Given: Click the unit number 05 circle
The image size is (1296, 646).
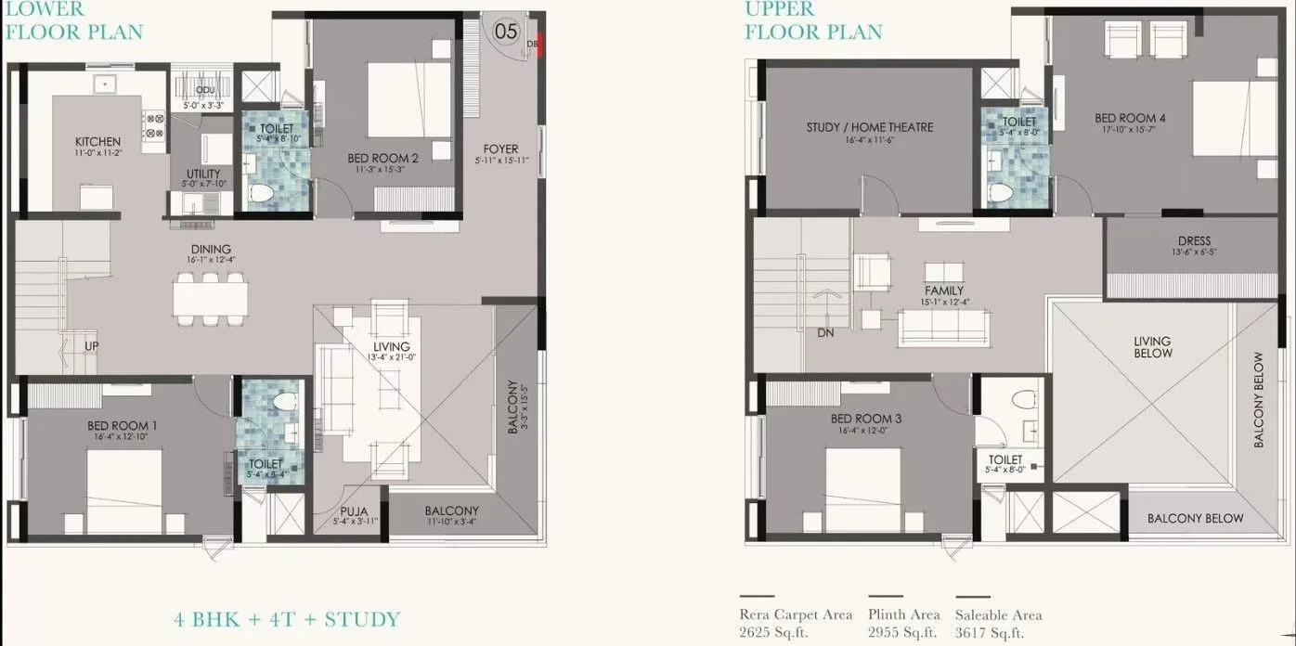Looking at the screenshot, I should tap(506, 31).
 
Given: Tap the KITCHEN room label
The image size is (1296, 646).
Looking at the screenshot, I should tap(97, 142).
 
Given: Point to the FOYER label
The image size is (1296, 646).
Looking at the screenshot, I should tap(501, 149).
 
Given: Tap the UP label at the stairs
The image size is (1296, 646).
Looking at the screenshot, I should tap(92, 347).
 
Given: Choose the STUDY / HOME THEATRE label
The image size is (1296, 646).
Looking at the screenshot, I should tap(870, 127).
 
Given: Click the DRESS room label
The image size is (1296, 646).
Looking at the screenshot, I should tap(1193, 241).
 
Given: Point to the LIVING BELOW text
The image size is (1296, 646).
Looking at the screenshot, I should tap(1152, 347).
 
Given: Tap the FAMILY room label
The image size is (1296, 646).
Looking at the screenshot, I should tap(943, 291).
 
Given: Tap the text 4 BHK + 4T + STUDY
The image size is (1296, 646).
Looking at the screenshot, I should tap(287, 619).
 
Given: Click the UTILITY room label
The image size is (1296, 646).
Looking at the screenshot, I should tap(203, 174).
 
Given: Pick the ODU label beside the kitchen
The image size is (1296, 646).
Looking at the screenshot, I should tap(204, 89).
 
